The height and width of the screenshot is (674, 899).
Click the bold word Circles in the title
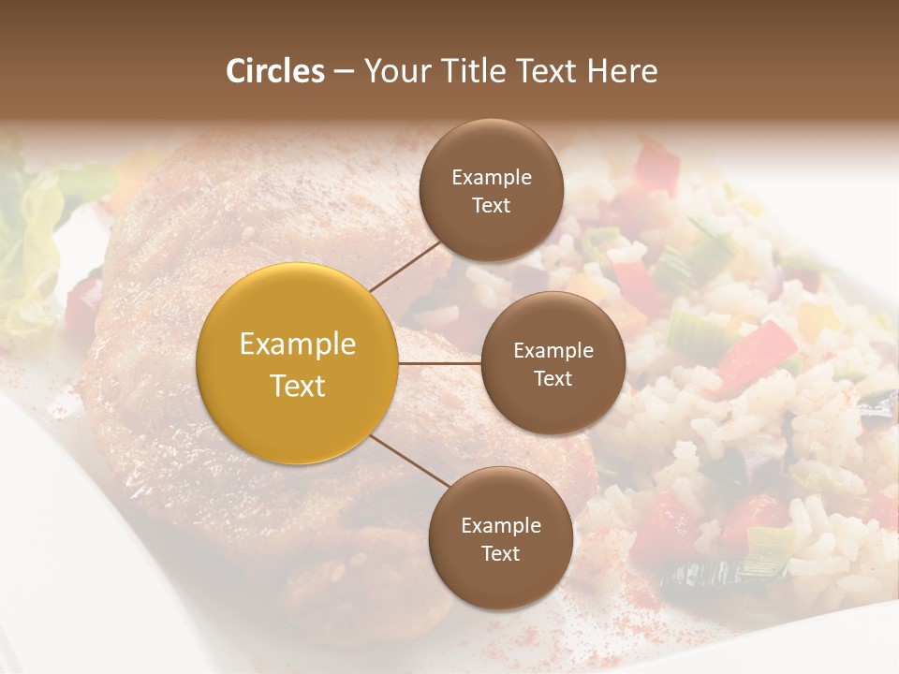[275, 71]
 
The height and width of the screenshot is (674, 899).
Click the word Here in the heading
[623, 71]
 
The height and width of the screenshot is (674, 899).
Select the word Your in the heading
[393, 71]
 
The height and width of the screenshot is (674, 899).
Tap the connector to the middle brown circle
[440, 363]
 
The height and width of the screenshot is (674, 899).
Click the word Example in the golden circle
[298, 344]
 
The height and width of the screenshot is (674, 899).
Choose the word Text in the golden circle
[298, 386]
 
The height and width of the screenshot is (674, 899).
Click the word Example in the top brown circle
[491, 178]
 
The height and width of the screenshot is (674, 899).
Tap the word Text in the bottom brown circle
[500, 554]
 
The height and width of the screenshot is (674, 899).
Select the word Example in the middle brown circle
[553, 351]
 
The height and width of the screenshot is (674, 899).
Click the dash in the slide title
[343, 71]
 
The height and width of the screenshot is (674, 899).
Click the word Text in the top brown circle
[491, 205]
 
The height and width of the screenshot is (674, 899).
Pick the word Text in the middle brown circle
[553, 378]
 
